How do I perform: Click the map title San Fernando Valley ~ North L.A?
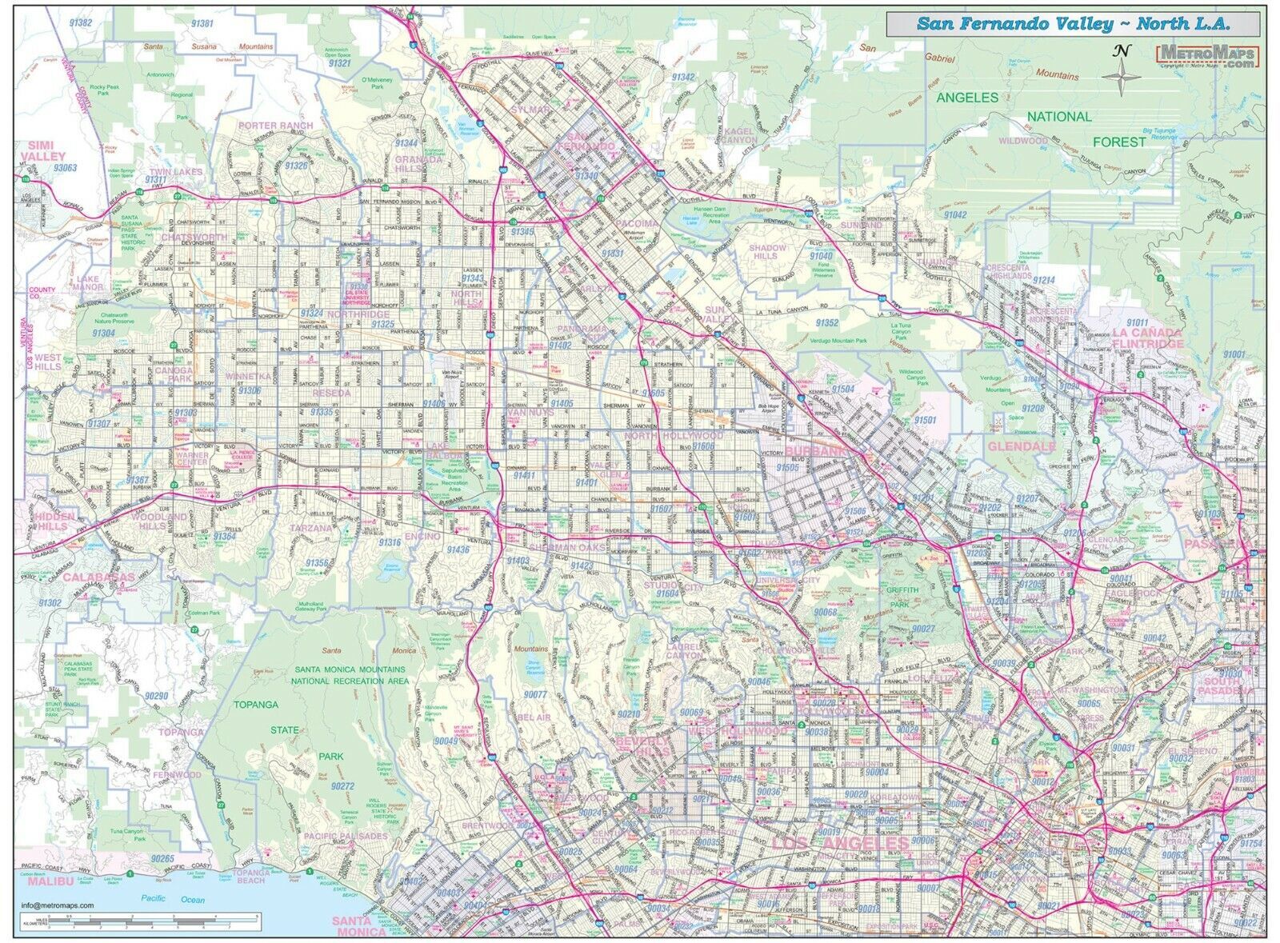tap(1072, 24)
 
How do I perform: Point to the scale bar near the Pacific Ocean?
tap(144, 921)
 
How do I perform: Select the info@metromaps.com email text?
tap(58, 905)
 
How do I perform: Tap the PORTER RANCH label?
tap(274, 126)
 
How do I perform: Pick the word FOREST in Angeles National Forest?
tap(1120, 142)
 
